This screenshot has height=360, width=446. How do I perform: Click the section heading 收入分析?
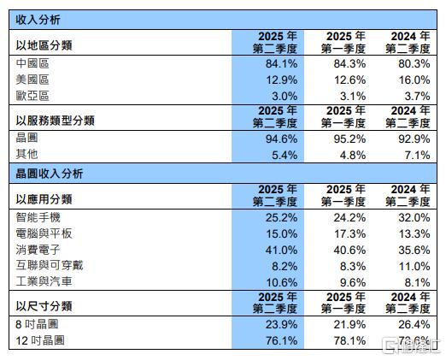[x=38, y=18]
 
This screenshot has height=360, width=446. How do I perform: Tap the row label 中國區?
[x=32, y=64]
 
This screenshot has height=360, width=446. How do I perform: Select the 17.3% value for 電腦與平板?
[x=348, y=233]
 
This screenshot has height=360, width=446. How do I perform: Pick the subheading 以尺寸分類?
[x=44, y=305]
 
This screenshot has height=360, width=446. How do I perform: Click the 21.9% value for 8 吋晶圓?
[x=348, y=325]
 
